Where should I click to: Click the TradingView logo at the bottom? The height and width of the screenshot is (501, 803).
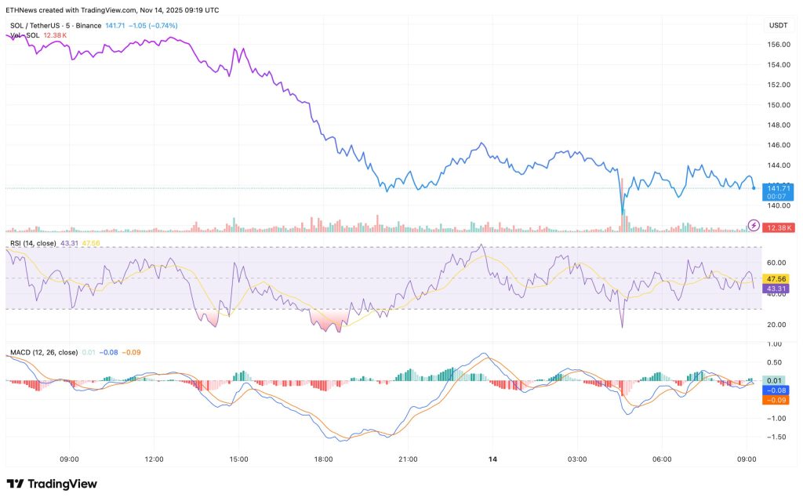[52, 484]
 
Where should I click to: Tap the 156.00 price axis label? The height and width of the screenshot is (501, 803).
[778, 44]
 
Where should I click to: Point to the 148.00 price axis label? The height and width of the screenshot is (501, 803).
[778, 125]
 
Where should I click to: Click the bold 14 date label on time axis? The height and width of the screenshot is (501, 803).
[492, 459]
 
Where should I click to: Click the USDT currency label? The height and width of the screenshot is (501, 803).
[778, 25]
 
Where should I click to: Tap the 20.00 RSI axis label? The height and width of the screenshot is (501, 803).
[778, 324]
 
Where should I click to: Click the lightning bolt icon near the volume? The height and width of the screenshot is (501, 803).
[754, 225]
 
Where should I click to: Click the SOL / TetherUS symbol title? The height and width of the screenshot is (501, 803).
[35, 26]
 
